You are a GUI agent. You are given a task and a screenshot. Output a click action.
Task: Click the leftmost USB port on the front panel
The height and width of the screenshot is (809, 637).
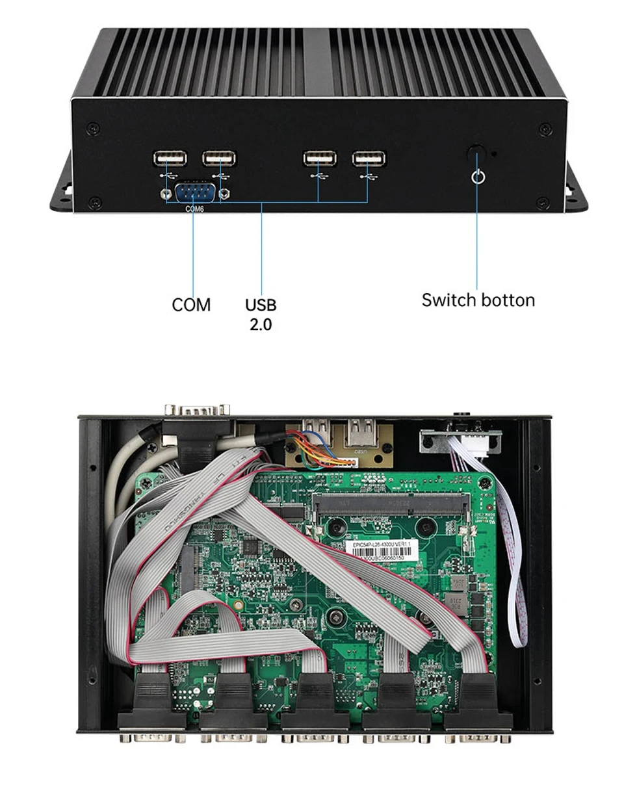point(170,158)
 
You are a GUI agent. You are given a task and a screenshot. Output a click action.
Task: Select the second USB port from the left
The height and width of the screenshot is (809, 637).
point(219,158)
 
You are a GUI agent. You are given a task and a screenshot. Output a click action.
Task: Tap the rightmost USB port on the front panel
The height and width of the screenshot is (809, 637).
point(369,158)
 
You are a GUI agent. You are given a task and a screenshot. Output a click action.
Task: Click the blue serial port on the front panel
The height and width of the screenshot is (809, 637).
point(194,193)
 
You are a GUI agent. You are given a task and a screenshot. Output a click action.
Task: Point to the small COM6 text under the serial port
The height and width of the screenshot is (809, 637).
point(194,209)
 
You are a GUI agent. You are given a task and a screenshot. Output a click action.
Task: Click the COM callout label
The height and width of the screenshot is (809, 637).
point(191,305)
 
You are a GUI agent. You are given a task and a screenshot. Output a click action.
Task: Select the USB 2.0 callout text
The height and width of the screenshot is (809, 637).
point(261,314)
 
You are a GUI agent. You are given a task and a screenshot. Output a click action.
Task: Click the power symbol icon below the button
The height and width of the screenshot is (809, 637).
point(478,176)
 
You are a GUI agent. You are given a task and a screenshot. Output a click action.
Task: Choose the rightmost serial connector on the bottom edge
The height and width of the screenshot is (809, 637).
point(477,734)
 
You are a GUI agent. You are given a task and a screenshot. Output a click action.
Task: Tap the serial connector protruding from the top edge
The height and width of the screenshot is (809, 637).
point(196,410)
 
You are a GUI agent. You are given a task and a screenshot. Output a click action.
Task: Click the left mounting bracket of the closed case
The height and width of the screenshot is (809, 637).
point(62,186)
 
